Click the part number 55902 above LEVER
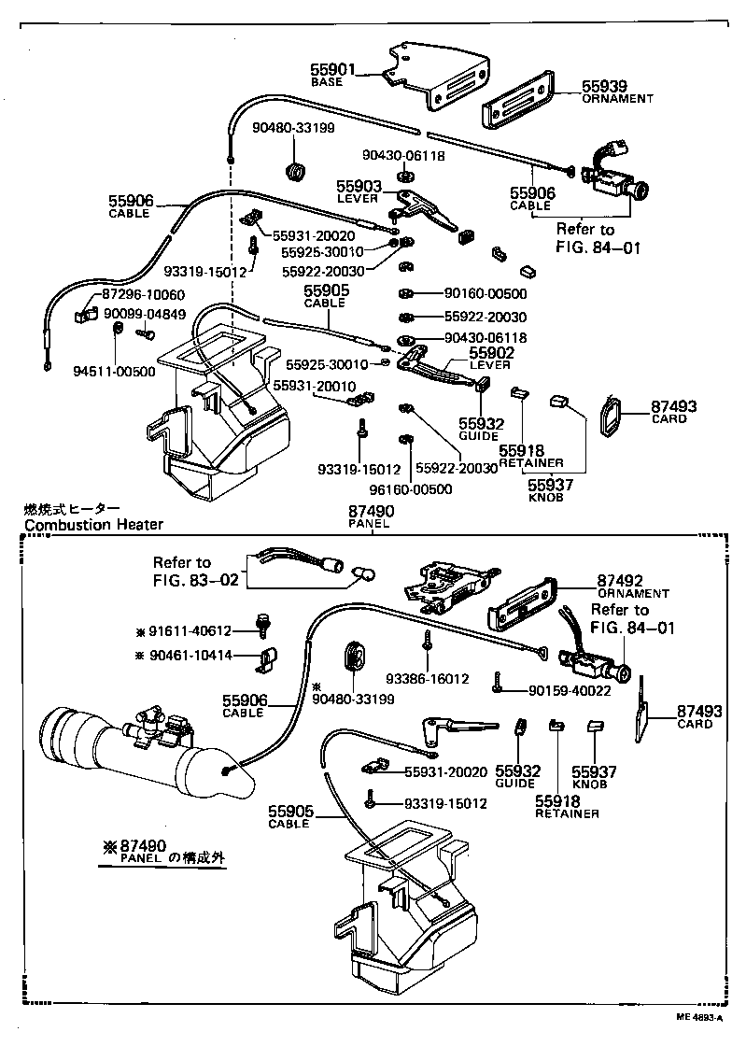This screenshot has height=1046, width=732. [x=491, y=353]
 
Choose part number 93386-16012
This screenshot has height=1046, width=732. [x=429, y=679]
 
